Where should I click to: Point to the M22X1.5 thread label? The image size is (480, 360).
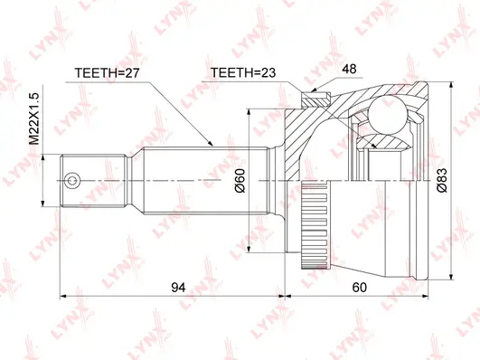tap(34, 119)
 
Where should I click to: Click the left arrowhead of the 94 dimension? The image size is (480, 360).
tap(64, 295)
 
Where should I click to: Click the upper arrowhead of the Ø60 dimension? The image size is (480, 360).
tap(251, 111)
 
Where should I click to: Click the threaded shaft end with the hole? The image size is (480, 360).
tap(82, 180)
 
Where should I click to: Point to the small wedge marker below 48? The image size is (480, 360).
tap(314, 88)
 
